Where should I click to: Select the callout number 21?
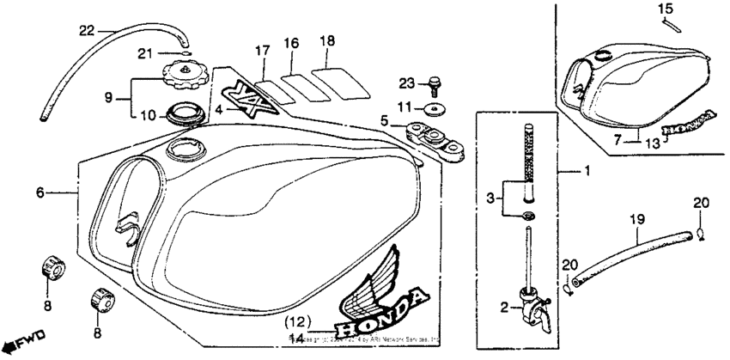pyautogui.click(x=143, y=54)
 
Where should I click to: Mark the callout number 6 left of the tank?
pyautogui.click(x=40, y=194)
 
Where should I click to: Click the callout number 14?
pyautogui.click(x=297, y=339)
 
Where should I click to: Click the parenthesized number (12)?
pyautogui.click(x=297, y=323)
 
